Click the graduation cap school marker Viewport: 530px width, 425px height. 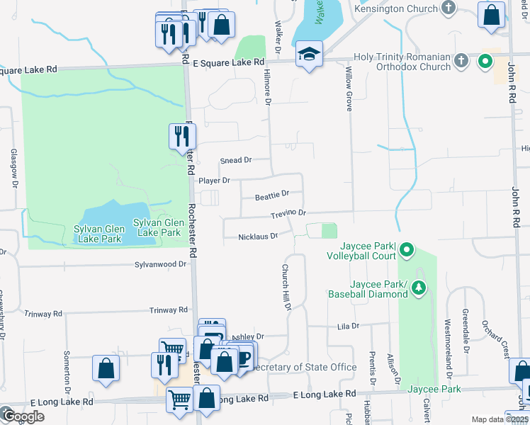click(x=309, y=55)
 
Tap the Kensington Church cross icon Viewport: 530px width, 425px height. click(x=448, y=8)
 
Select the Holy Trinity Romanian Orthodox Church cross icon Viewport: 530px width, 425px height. click(x=461, y=60)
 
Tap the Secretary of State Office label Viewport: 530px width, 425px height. click(x=305, y=367)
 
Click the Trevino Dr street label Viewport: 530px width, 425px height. click(x=288, y=213)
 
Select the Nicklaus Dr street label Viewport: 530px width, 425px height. click(x=258, y=237)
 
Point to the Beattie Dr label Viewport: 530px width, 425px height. click(x=273, y=194)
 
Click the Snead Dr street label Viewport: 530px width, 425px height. click(x=236, y=161)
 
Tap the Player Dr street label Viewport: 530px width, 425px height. click(x=214, y=181)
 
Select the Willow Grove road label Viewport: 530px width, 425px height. click(x=349, y=85)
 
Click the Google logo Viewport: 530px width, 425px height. click(x=23, y=416)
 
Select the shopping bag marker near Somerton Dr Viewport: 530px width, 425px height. click(x=106, y=368)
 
